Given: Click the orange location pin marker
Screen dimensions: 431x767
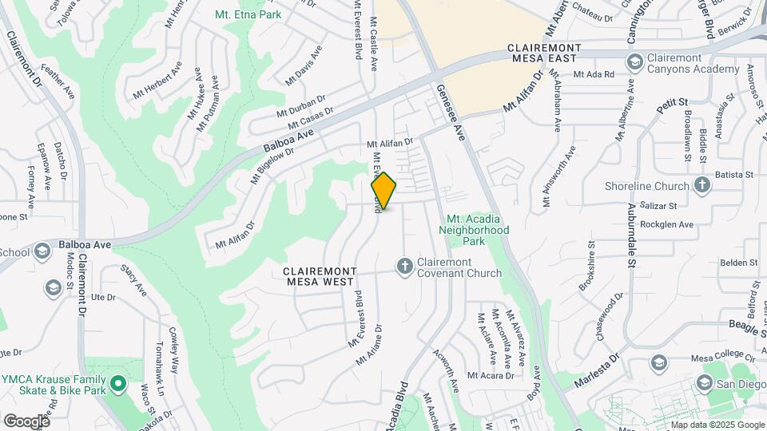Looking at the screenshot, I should [383, 191].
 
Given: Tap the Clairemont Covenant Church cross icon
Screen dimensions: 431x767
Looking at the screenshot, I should [405, 267].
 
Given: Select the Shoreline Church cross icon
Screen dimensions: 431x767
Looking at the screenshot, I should [702, 186].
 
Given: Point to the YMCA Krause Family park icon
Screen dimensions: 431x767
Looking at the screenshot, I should [118, 385].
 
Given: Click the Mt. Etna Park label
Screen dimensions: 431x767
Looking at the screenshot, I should [248, 14].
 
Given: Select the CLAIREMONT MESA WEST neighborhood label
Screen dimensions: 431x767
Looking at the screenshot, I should [323, 277].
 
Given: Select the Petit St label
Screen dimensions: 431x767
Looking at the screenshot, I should [673, 105].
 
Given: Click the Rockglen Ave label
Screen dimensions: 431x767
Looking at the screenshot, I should [670, 224].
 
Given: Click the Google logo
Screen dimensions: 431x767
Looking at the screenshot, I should [26, 421].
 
